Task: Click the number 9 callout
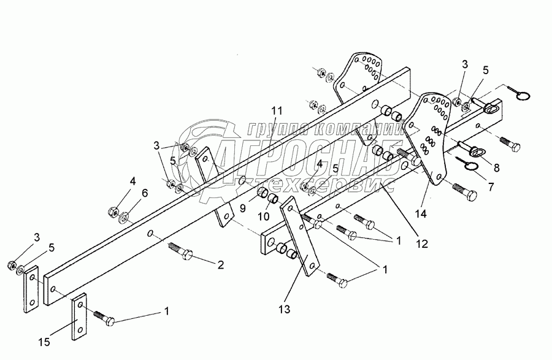point(242,208)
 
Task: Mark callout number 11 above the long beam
point(277,110)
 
